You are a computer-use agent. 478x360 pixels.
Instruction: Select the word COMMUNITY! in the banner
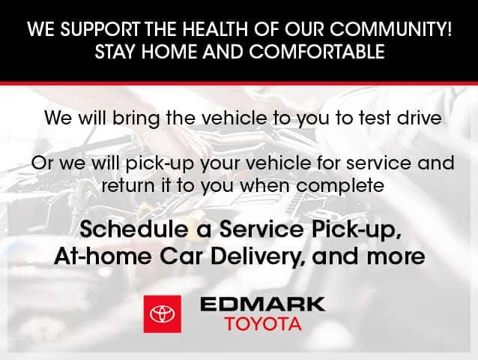click(x=391, y=29)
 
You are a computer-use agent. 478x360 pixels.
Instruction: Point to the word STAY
click(x=115, y=52)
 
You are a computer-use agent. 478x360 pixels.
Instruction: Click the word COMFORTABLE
click(x=317, y=52)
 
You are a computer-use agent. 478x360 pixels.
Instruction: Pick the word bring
click(x=136, y=118)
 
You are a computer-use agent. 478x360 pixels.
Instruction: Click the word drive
click(x=419, y=118)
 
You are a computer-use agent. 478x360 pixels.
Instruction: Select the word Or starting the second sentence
click(x=43, y=163)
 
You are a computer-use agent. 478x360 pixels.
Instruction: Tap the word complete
click(x=340, y=187)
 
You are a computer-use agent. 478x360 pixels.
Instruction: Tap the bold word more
click(x=396, y=257)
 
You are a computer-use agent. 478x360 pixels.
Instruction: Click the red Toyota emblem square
click(x=163, y=314)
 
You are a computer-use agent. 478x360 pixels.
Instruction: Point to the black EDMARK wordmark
click(x=263, y=304)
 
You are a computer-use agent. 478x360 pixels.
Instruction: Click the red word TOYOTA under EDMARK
click(x=264, y=324)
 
